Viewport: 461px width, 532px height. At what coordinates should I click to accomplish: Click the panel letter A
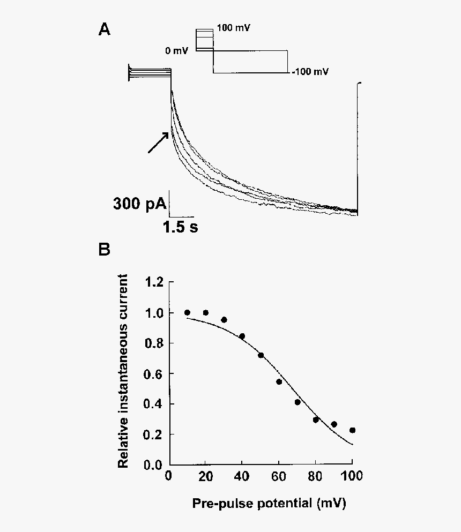coord(105,30)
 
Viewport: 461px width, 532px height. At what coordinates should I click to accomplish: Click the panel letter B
coord(105,250)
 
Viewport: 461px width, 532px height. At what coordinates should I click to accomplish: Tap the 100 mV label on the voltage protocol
coord(233,27)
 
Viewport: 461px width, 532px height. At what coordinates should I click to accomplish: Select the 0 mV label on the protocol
coord(177,51)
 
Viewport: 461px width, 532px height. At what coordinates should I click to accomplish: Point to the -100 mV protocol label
coord(310,71)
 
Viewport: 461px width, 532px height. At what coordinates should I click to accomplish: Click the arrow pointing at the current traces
coord(158,143)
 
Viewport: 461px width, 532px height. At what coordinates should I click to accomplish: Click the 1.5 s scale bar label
coord(181,227)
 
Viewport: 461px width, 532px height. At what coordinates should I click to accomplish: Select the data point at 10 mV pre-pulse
coord(187,312)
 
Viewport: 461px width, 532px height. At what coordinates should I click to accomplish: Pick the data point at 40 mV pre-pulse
coord(242,336)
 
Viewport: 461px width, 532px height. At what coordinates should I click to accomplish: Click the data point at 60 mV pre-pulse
coord(279,381)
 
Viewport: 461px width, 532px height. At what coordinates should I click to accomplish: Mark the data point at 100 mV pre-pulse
coord(352,430)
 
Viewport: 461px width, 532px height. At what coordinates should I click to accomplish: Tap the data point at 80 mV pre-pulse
coord(316,419)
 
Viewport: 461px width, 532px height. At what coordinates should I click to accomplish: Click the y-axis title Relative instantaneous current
coord(124,371)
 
